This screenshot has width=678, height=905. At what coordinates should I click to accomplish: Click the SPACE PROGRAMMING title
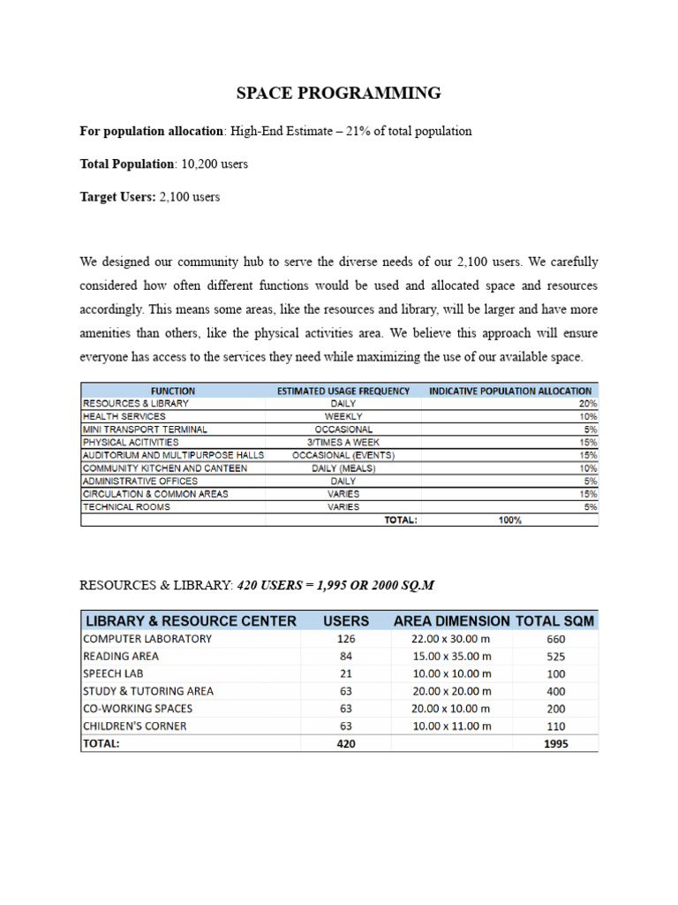point(339,93)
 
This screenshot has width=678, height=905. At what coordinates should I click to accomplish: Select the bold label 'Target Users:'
point(117,197)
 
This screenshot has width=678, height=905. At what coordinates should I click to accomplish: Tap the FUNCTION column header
point(173,391)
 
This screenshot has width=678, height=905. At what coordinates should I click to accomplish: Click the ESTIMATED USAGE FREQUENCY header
point(343,391)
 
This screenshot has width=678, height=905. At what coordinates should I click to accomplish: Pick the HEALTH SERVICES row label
point(124,416)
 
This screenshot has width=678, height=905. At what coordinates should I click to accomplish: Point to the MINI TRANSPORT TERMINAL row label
point(145,430)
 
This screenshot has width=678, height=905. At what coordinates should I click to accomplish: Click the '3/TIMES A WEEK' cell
point(343,442)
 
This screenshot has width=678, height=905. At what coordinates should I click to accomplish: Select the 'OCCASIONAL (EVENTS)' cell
point(343,455)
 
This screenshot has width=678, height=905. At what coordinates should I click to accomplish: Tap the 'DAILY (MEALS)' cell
point(343,468)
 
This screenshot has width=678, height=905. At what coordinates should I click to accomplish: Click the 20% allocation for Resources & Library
point(588,404)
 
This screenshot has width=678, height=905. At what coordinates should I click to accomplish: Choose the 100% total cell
point(509,521)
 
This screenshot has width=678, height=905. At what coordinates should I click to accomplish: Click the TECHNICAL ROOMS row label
point(126,507)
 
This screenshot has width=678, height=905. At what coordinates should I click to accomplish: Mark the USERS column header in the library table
point(345,621)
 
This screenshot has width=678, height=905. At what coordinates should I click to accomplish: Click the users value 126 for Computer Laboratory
point(345,639)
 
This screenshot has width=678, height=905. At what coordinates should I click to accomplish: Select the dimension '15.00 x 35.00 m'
point(451,657)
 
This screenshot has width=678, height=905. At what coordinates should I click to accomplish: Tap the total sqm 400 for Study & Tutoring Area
point(556,691)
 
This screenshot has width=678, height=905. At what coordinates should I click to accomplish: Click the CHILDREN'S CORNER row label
point(134,726)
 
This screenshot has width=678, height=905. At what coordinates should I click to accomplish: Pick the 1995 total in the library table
point(556,744)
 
